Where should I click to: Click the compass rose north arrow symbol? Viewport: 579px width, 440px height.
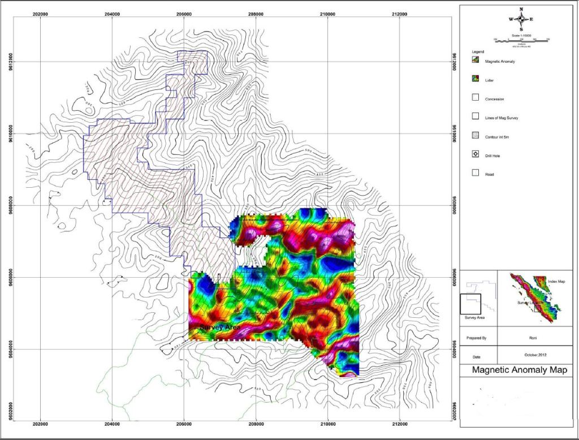tap(521, 19)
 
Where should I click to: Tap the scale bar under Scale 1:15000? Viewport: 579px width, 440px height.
tap(521, 39)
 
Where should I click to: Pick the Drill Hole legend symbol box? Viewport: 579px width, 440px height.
tap(476, 154)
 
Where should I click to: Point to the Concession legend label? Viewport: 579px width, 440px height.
tap(495, 99)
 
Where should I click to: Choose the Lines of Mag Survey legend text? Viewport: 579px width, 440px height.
tap(502, 118)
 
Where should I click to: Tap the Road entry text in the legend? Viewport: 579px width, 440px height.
tap(490, 174)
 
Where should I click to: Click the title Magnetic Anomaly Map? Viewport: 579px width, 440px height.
tap(515, 370)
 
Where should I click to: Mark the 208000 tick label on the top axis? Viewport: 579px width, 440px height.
tap(256, 14)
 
